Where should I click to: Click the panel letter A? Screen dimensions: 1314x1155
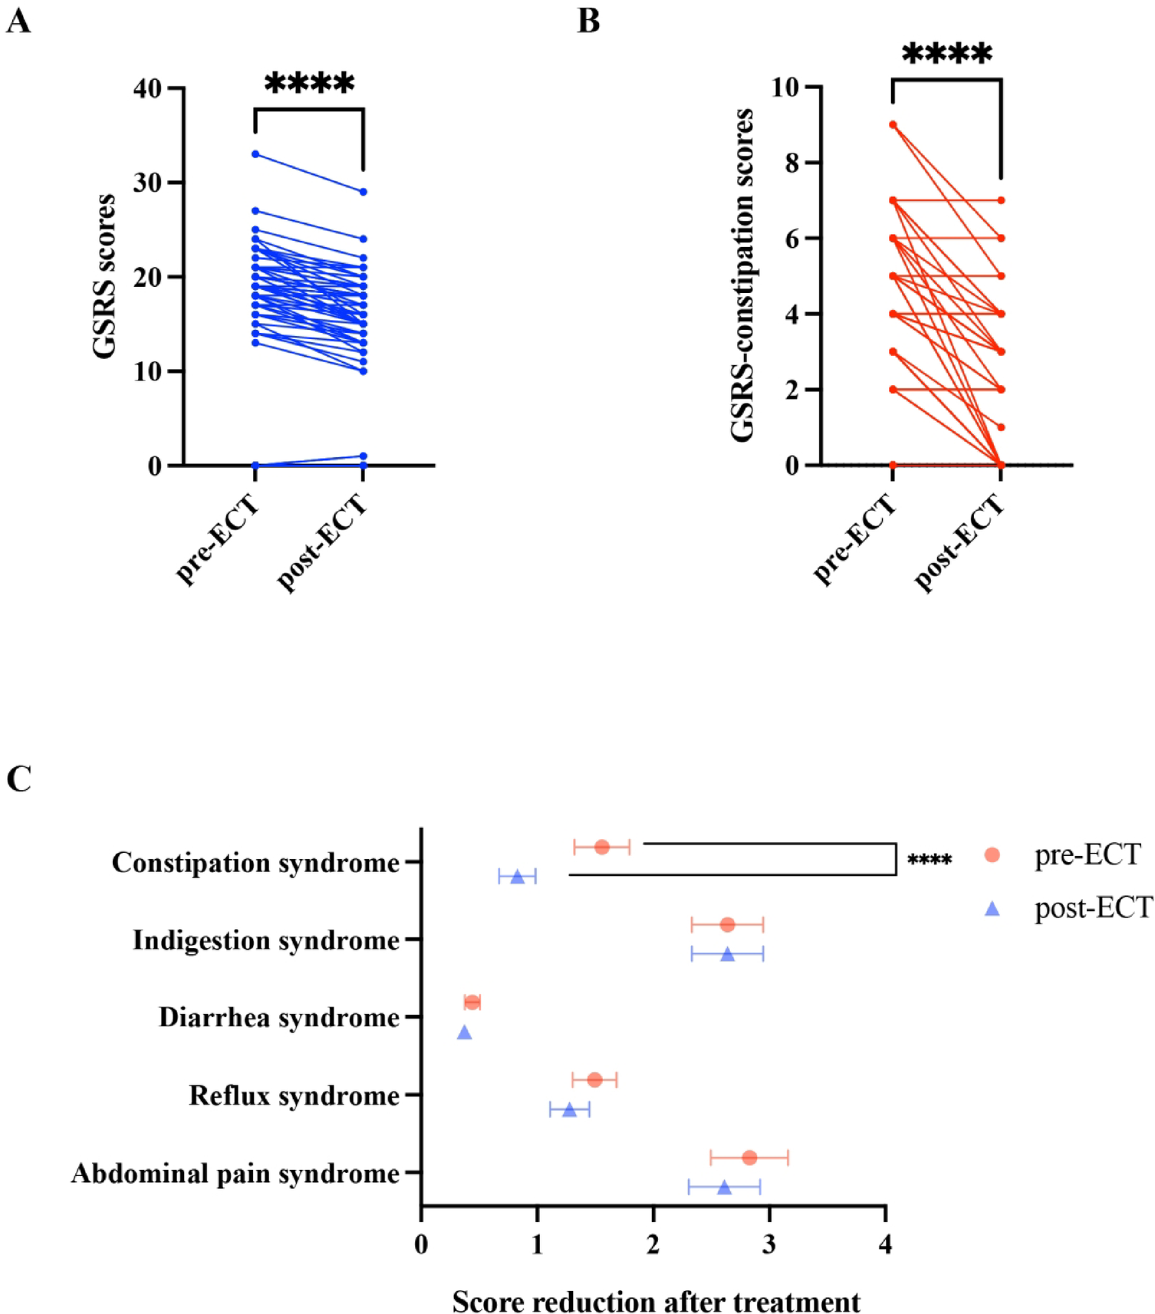[x=18, y=21]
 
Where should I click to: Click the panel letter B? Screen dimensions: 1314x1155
[x=588, y=21]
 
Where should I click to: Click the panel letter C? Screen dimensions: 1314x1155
[x=18, y=779]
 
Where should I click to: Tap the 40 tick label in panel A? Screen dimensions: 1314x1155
[x=147, y=89]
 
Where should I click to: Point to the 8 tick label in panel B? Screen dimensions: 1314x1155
[x=792, y=163]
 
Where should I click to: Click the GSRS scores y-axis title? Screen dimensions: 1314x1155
[x=104, y=276]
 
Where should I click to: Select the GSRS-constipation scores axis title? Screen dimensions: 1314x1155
[x=742, y=276]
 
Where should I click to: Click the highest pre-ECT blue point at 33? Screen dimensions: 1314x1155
[x=255, y=154]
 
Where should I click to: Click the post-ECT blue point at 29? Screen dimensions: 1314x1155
[x=364, y=192]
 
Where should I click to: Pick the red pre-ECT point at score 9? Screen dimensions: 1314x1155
[x=893, y=124]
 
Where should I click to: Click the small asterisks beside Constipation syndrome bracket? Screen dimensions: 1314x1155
[x=930, y=861]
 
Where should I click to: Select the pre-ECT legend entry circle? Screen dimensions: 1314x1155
[x=992, y=855]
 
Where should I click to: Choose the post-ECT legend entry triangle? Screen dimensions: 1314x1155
[x=992, y=909]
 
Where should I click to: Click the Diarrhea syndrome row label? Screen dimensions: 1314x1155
[x=278, y=1018]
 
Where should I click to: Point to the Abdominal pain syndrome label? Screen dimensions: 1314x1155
[x=235, y=1174]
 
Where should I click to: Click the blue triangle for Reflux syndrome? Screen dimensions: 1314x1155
[x=569, y=1110]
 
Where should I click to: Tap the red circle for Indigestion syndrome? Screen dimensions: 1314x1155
[x=728, y=925]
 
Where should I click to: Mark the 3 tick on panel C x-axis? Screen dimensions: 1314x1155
[x=769, y=1244]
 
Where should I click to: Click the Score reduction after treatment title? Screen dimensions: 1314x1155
[x=656, y=1302]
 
